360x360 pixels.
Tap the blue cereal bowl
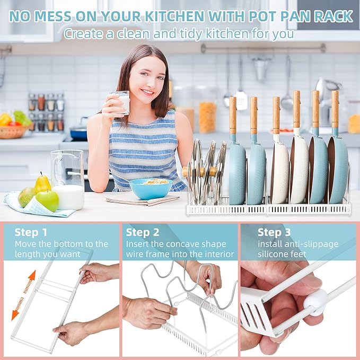coord(151,189)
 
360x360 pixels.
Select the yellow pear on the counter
coord(42,184)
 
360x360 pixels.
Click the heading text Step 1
coord(31,232)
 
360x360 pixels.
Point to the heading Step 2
coord(143,232)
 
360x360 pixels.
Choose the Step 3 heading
coord(274,232)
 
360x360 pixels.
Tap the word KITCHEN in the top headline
coord(174,16)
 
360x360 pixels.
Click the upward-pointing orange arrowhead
coord(33,275)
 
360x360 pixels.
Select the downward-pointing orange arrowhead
coord(15,314)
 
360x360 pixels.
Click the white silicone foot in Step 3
coord(315,302)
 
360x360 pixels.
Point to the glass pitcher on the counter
coord(67,180)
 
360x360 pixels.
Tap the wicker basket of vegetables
coord(13,132)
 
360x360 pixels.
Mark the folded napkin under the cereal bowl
coord(143,200)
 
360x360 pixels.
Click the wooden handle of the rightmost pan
coord(335,109)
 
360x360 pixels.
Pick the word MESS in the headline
coord(52,16)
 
